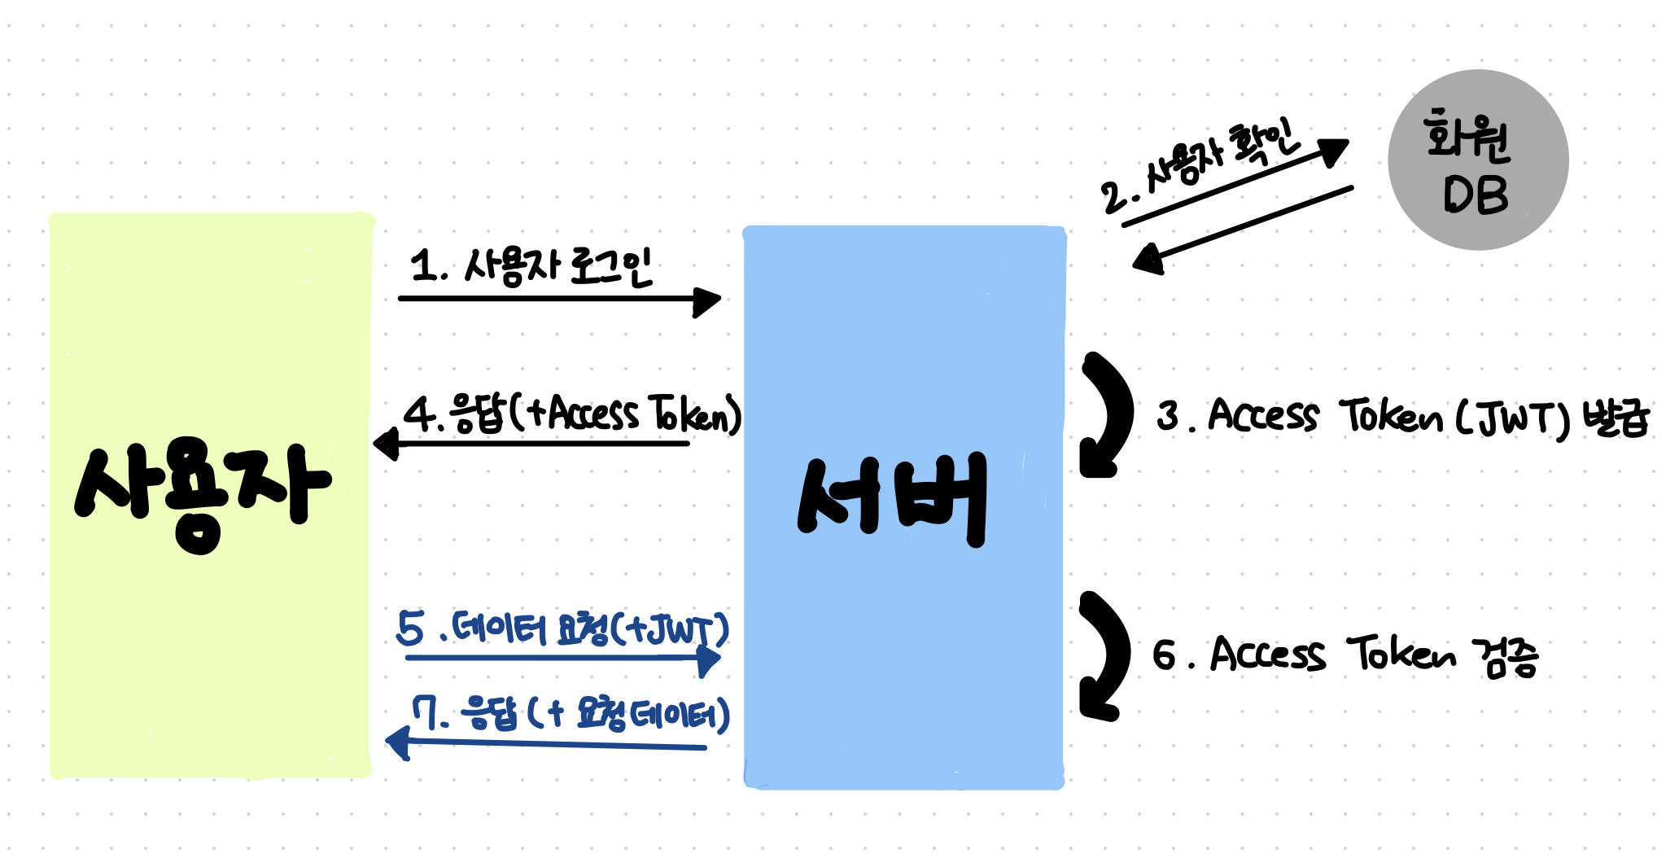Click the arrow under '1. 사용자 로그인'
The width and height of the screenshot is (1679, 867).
(x=558, y=300)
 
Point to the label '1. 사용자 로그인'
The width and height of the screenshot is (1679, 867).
(x=531, y=266)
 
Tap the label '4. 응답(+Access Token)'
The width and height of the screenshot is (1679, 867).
(x=573, y=414)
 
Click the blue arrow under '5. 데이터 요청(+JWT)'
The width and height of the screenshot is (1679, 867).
(x=562, y=657)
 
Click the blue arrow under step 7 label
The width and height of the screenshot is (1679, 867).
(x=553, y=743)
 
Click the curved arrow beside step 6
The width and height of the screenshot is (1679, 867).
(x=1107, y=655)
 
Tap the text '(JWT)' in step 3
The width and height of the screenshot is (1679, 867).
(x=1512, y=418)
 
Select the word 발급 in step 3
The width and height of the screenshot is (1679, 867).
(x=1616, y=418)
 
